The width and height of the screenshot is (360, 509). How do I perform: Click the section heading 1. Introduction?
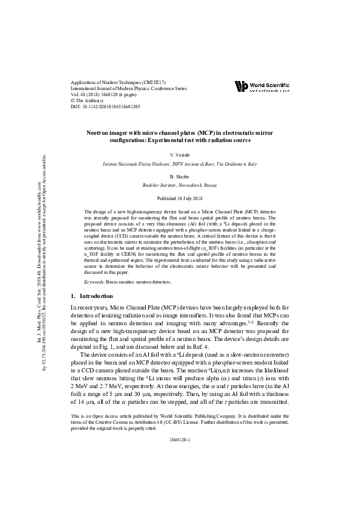point(92,296)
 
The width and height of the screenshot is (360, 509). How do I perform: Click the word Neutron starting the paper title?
point(97,131)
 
